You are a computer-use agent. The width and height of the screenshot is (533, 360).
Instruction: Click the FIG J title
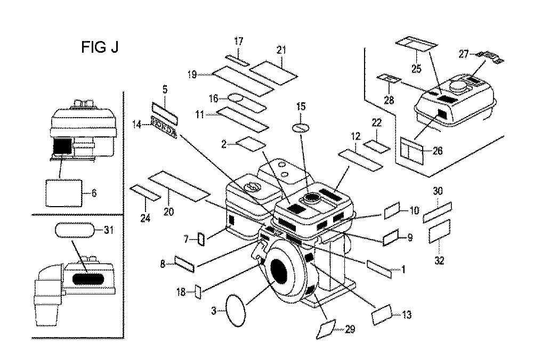tap(100, 47)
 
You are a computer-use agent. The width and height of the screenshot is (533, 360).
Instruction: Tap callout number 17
tap(238, 40)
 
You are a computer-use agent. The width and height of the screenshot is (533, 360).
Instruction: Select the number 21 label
tap(281, 50)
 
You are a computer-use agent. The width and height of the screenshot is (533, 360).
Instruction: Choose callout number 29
tap(350, 330)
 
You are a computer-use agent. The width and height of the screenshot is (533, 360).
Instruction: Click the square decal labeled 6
tap(63, 192)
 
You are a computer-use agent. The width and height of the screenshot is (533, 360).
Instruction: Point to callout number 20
tap(168, 210)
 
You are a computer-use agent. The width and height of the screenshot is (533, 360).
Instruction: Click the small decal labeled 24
tap(145, 192)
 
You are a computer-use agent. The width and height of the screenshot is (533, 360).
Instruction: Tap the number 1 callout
tap(403, 270)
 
